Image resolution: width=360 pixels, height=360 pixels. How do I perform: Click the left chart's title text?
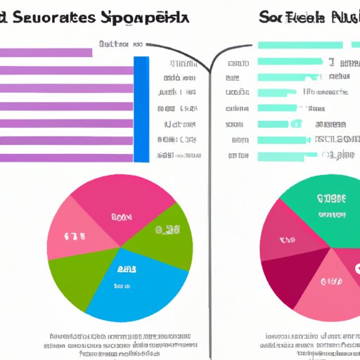tap(98, 20)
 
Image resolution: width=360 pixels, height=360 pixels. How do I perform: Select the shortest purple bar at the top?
tap(46, 52)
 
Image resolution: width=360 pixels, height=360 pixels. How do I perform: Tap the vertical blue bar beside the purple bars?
tap(141, 109)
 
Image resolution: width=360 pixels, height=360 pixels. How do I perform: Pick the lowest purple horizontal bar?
tap(66, 157)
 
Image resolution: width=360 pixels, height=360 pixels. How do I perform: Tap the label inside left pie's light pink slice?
tap(75, 235)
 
